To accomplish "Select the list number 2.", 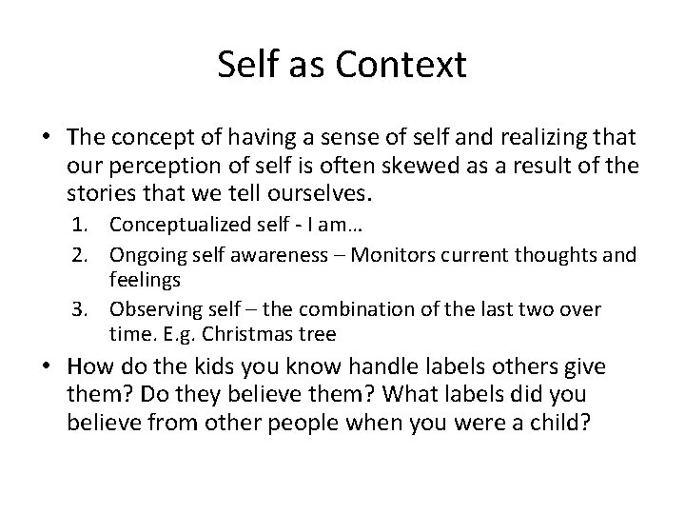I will pyautogui.click(x=88, y=255).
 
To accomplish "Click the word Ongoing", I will pyautogui.click(x=145, y=255).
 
